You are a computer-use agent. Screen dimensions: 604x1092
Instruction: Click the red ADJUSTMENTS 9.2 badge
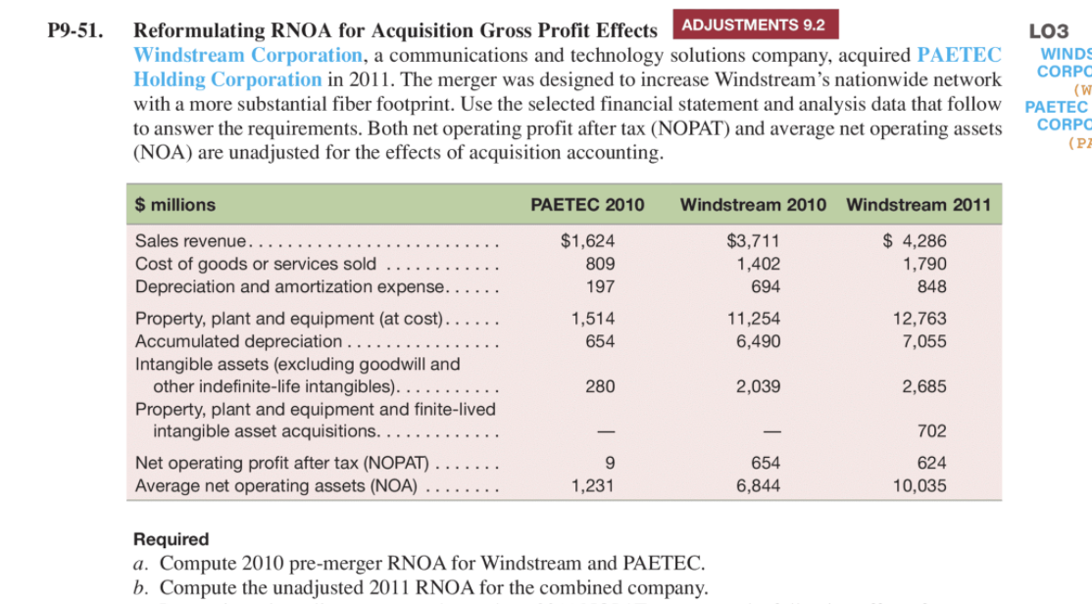[x=753, y=25]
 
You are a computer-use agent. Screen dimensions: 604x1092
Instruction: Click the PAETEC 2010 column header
[x=587, y=205]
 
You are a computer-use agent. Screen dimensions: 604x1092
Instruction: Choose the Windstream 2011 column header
[x=918, y=205]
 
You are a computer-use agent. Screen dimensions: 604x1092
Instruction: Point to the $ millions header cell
[x=175, y=205]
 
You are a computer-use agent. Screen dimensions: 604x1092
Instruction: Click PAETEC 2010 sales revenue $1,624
[x=587, y=241]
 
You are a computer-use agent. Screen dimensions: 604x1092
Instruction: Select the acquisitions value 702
[x=931, y=431]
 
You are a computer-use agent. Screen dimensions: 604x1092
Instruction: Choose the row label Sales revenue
[x=192, y=241]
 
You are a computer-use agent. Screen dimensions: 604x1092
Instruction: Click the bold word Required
[x=172, y=539]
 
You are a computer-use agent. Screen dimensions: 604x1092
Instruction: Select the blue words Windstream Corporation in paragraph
[x=248, y=55]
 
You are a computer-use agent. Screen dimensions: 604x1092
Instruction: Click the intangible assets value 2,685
[x=924, y=386]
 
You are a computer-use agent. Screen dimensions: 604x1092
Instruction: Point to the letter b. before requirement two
[x=140, y=588]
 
